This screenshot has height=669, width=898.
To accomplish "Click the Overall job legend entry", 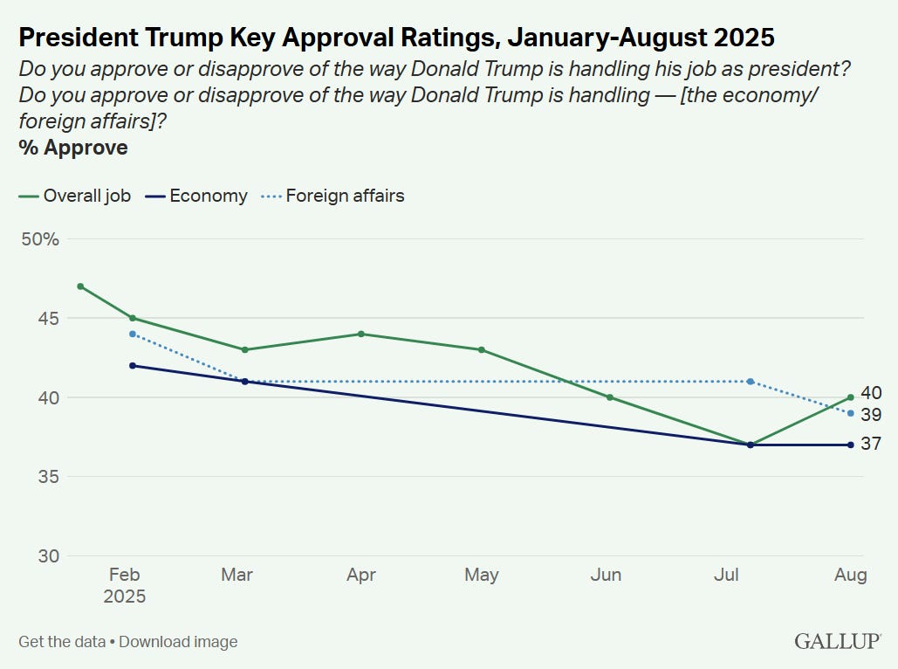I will tap(75, 196).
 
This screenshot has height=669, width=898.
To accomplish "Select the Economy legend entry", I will tap(196, 196).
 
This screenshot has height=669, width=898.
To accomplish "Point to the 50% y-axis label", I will tap(39, 238).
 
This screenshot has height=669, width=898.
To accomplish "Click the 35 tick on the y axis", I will tap(47, 477).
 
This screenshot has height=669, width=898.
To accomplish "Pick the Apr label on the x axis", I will tap(361, 575).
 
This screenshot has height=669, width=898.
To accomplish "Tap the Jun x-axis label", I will tap(606, 575).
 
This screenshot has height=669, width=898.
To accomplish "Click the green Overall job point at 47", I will tap(80, 286).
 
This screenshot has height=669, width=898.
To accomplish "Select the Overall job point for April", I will tap(361, 334).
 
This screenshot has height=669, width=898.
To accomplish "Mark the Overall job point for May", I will tap(482, 350).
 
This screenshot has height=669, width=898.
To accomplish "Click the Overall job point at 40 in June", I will tap(610, 397).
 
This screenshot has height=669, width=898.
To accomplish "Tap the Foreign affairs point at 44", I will tap(133, 334).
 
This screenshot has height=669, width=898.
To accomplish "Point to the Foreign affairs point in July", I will tap(751, 382).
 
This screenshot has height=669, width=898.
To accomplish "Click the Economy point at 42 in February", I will tap(133, 366).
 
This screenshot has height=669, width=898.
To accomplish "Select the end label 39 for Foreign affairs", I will tap(871, 415).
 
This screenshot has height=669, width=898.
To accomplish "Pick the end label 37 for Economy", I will tap(871, 445).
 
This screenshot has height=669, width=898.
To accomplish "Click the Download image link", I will tap(178, 642).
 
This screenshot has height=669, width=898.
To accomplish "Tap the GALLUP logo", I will tap(837, 642).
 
